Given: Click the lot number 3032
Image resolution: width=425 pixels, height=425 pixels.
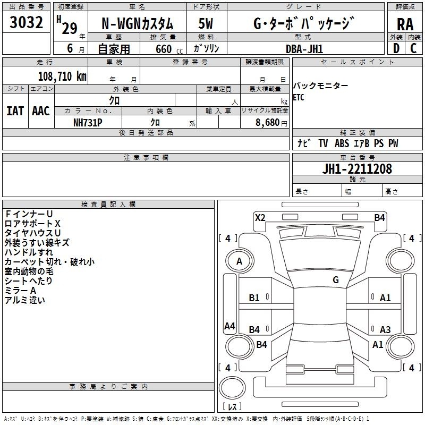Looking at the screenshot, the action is [26, 22].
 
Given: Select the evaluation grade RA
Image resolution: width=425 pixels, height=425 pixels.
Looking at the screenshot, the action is [405, 24].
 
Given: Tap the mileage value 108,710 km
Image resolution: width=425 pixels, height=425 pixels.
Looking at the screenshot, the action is [62, 76].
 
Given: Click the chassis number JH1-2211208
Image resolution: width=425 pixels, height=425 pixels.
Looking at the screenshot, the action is [357, 169].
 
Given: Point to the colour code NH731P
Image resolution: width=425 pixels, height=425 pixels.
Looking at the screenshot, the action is [88, 123].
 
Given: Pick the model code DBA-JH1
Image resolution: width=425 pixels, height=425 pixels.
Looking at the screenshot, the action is [304, 49].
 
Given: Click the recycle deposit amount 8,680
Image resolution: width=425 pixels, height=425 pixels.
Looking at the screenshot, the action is [267, 123].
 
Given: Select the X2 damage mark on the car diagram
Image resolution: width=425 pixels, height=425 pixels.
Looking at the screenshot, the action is [260, 217].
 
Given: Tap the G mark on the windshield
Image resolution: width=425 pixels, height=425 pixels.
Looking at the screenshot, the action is [336, 279].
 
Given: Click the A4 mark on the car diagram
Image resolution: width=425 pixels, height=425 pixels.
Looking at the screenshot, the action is [229, 326].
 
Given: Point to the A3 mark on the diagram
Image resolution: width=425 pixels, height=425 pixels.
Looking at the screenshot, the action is [385, 329].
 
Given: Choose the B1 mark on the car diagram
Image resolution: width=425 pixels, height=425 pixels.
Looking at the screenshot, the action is [254, 298].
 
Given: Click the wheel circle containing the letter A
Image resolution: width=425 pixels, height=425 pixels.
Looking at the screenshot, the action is [240, 261].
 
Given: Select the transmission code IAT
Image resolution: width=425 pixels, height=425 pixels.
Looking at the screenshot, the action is [15, 111].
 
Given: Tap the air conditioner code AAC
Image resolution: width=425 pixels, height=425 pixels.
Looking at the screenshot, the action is [41, 111].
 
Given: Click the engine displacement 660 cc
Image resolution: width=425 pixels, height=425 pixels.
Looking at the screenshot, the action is [169, 49].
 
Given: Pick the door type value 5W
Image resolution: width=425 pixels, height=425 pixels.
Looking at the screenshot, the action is [206, 23].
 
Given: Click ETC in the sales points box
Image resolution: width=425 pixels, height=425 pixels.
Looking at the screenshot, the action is [299, 97].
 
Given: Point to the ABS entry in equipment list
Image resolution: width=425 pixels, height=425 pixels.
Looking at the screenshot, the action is [342, 143].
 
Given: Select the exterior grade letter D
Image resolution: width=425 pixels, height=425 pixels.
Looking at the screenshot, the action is [396, 48].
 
